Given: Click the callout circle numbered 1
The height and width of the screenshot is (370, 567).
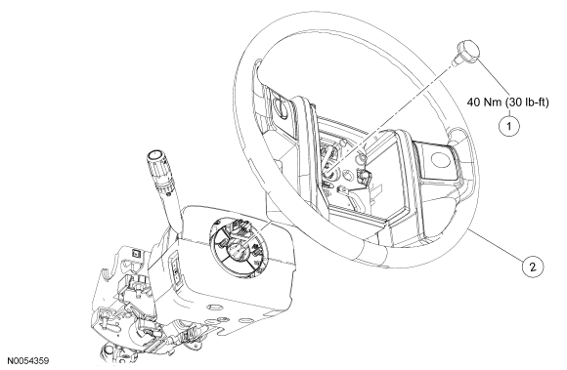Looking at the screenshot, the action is (509, 126).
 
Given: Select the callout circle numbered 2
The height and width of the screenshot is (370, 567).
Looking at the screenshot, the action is (533, 267).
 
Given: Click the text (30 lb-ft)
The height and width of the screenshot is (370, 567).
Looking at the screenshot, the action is (527, 103).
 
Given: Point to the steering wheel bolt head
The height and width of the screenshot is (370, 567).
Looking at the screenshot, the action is (467, 52).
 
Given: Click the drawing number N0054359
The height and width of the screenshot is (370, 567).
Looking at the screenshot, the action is (27, 360).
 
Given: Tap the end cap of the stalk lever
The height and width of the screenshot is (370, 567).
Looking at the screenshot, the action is (154, 155).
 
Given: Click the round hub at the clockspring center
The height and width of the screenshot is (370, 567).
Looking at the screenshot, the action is (238, 250).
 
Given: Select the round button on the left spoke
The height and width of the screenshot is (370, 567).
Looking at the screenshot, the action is (281, 105).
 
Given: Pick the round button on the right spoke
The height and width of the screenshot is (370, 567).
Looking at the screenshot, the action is (440, 159).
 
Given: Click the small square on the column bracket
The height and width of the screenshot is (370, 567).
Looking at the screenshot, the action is (136, 254).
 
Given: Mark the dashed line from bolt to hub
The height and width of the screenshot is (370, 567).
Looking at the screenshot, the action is (390, 115).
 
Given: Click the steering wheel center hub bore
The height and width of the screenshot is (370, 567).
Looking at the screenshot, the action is (329, 174).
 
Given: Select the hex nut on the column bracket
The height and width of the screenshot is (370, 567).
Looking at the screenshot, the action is (138, 287).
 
